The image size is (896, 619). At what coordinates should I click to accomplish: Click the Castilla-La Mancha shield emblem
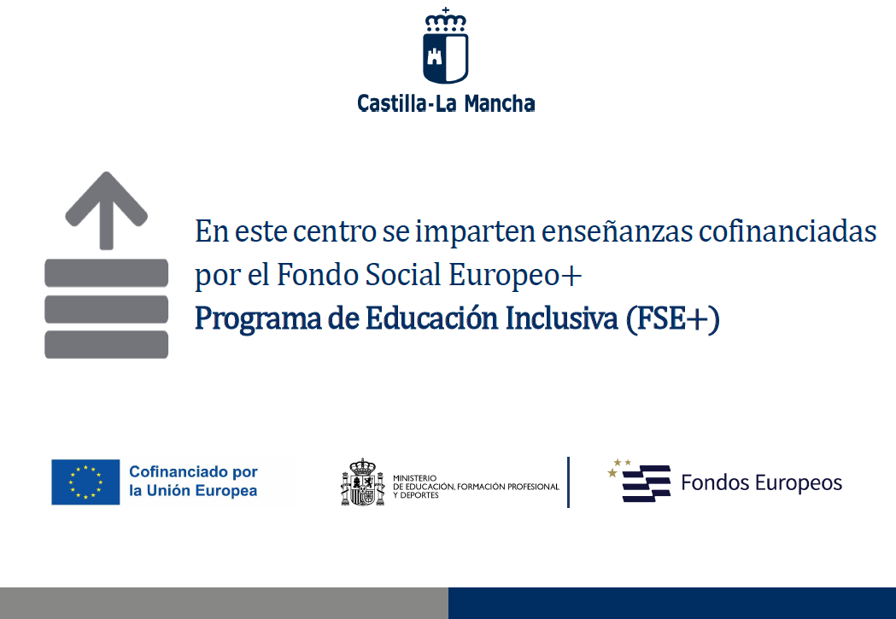pos(445,46)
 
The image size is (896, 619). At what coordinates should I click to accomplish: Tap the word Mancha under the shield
pos(500,103)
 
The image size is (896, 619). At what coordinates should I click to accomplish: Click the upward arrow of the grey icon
pos(106,210)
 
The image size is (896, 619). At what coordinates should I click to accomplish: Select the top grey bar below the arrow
pos(106,272)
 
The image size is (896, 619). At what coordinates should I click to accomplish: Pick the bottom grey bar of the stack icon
pos(106,344)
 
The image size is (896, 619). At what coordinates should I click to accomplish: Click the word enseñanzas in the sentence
pos(618,232)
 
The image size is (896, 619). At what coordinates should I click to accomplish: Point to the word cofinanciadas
pos(788,232)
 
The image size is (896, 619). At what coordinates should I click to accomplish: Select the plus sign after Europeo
pos(571,277)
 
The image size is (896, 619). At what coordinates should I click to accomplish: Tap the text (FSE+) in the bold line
pos(672,319)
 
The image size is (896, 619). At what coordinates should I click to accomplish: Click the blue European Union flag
pos(85,482)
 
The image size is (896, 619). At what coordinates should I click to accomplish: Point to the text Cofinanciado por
pos(193,471)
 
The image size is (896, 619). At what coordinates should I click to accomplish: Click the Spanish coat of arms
pos(362,482)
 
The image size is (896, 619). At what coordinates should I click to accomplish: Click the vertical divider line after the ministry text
pos(569,482)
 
